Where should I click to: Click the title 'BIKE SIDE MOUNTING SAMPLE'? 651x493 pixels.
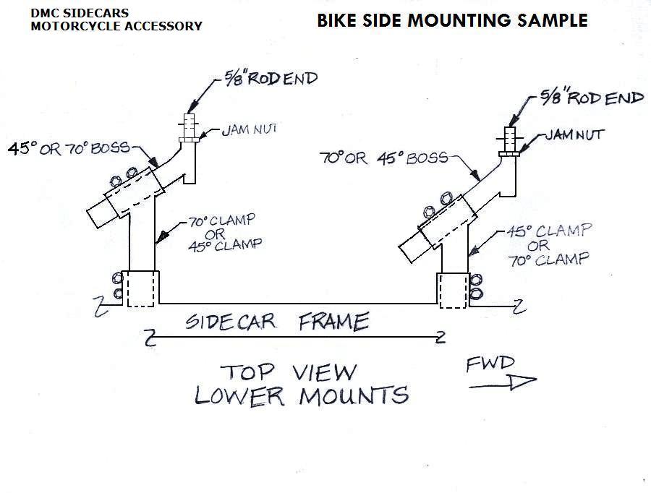pyautogui.click(x=452, y=20)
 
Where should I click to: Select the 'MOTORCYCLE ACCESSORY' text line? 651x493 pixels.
pyautogui.click(x=116, y=26)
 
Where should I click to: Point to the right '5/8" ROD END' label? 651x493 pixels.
pyautogui.click(x=592, y=97)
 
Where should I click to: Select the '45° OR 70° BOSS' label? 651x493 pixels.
pyautogui.click(x=69, y=148)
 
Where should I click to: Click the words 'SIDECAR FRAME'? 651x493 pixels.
pyautogui.click(x=277, y=320)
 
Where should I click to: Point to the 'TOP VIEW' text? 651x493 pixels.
pyautogui.click(x=289, y=372)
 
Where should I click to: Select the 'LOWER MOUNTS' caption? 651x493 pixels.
pyautogui.click(x=302, y=395)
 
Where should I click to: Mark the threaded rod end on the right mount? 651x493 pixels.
pyautogui.click(x=511, y=137)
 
